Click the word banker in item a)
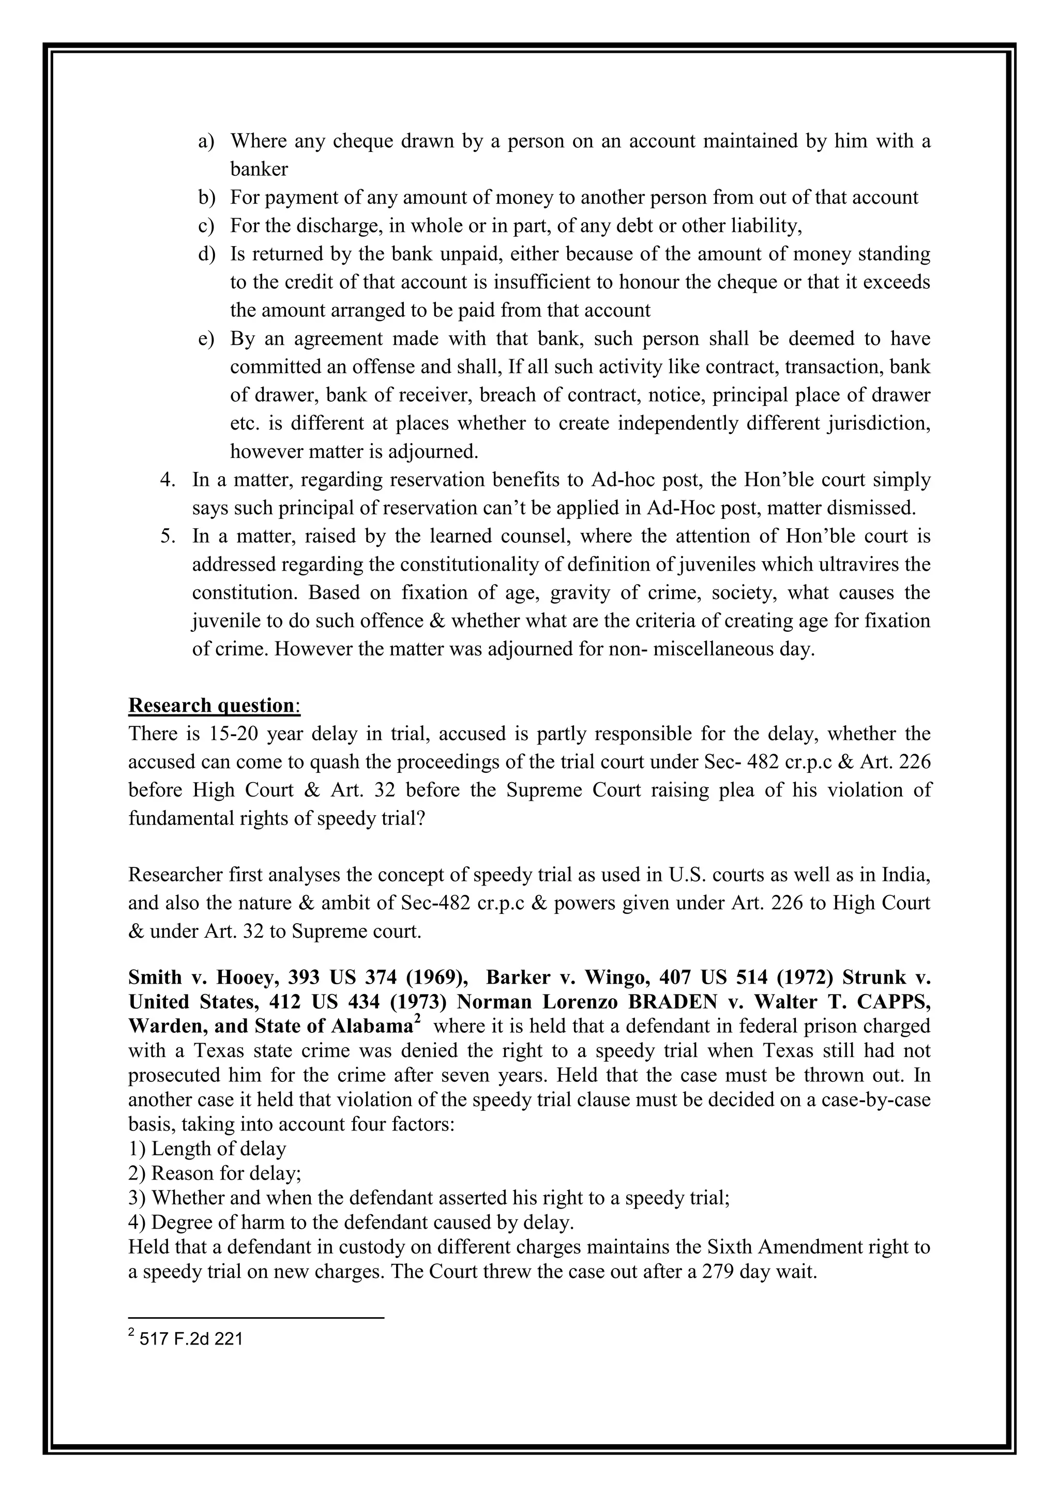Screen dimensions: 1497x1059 coord(259,170)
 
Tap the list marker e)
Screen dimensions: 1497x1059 coord(206,339)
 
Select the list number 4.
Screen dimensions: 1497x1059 coord(168,480)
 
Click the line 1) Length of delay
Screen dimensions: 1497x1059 coord(207,1149)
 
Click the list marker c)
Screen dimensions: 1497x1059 coord(206,226)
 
